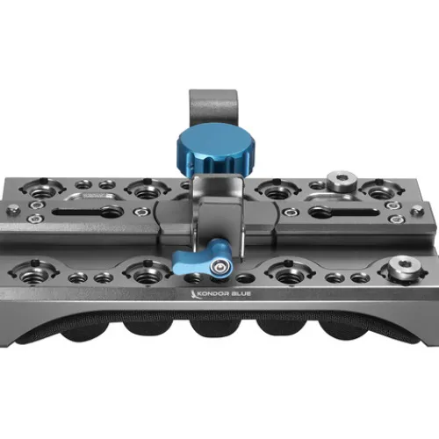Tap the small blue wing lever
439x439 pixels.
(202, 258)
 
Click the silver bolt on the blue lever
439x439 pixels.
(218, 266)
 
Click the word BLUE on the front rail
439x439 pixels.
(241, 293)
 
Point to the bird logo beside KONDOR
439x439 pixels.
(194, 294)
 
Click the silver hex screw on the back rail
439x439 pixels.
(342, 180)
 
